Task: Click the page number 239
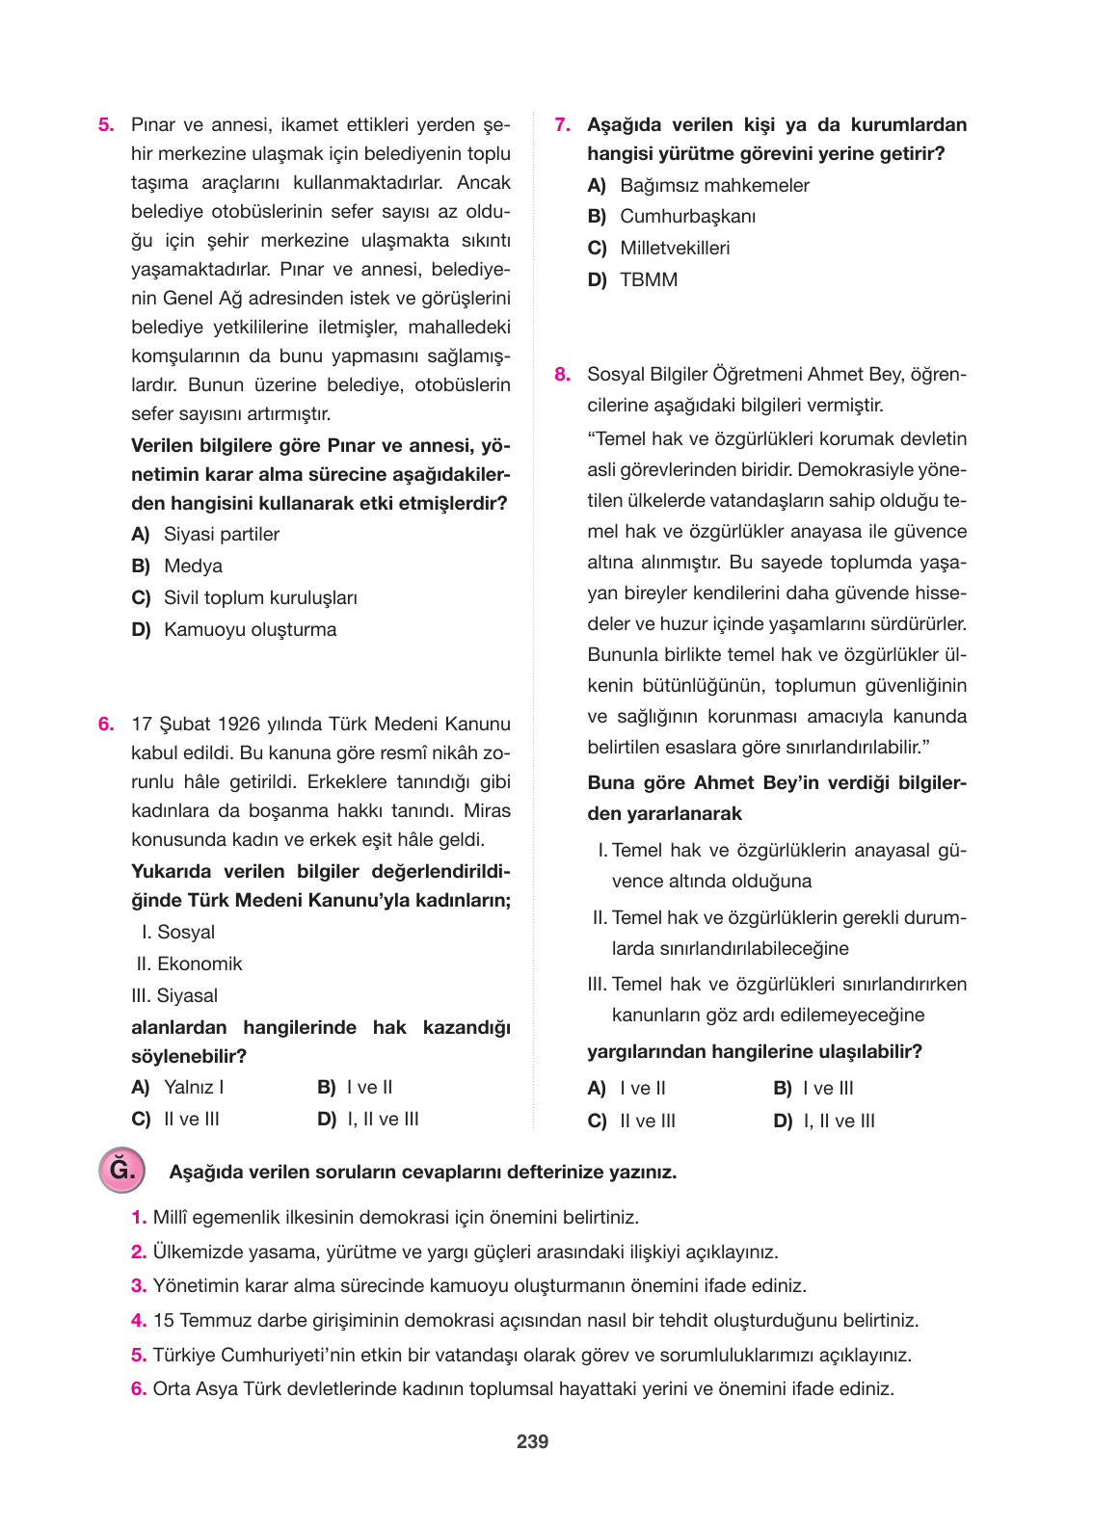coord(532,1441)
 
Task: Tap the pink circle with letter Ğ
coord(122,1171)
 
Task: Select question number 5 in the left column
coord(106,124)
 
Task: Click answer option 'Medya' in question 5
coord(193,566)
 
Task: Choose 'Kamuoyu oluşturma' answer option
coord(250,629)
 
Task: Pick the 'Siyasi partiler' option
coord(221,534)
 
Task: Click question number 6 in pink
coord(106,724)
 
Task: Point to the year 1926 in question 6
coord(238,724)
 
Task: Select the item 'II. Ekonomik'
coord(189,963)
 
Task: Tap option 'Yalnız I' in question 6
coord(193,1087)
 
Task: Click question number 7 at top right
coord(562,124)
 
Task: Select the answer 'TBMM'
coord(649,279)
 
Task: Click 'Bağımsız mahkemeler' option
coord(714,185)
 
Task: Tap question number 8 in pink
coord(562,374)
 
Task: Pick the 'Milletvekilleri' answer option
coord(675,248)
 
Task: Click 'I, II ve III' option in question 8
coord(839,1121)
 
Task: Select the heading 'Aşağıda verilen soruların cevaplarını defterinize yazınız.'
coord(422,1172)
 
